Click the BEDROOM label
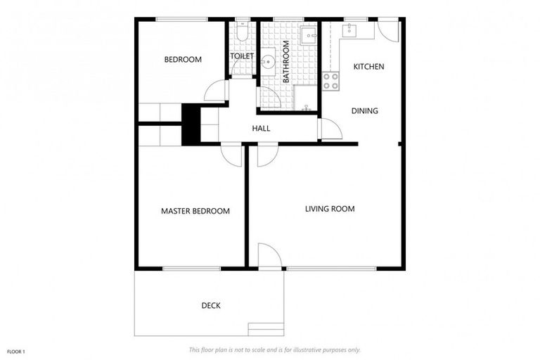pos(183,60)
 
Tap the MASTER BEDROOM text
pos(195,211)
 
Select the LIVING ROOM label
pos(329,209)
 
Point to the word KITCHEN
pos(368,67)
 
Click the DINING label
pos(365,110)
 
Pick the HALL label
pos(261,128)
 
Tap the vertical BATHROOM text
pos(286,62)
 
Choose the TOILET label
pos(242,56)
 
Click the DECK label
pos(211,305)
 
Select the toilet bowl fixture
pos(242,32)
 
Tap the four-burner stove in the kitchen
pos(330,81)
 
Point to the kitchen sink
pos(349,30)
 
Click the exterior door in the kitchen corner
pos(387,30)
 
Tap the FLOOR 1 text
pos(15,351)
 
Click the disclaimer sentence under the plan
pos(274,349)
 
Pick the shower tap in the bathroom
pos(307,109)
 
